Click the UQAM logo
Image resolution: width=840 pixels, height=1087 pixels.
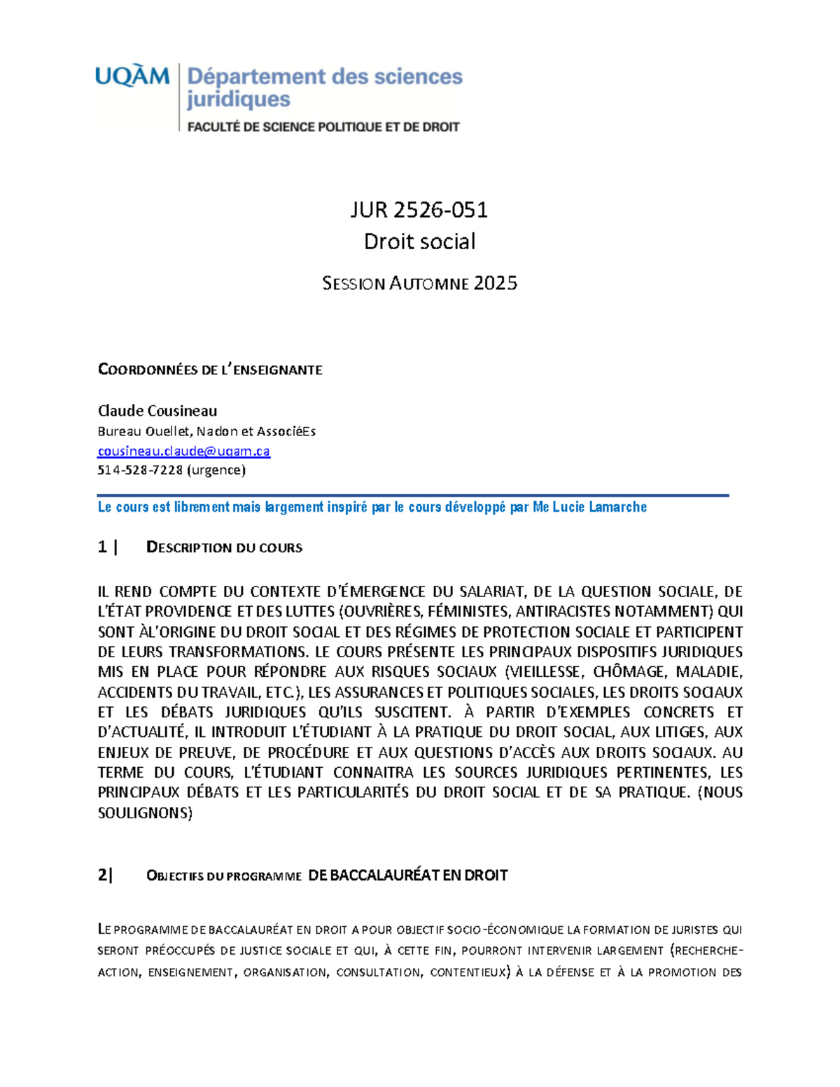point(132,76)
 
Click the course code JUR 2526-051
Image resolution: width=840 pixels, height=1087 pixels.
point(419,209)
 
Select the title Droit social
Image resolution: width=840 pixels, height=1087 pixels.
point(419,241)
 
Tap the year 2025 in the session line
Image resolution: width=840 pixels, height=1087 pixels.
point(495,283)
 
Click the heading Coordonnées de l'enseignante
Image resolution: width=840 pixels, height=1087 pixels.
point(210,370)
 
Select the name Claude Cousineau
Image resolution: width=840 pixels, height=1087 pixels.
point(157,410)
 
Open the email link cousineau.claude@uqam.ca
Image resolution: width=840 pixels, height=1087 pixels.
point(183,451)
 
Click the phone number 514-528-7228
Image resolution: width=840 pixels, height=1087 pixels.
point(139,470)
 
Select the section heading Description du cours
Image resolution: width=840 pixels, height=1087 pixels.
point(224,547)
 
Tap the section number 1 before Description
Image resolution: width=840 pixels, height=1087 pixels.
point(103,547)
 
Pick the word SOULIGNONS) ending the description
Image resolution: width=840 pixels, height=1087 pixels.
point(145,813)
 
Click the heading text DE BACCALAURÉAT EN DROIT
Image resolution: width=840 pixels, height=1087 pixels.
point(407,875)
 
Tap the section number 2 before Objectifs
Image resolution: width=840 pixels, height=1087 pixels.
point(103,875)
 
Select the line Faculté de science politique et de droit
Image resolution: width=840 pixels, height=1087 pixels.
point(323,127)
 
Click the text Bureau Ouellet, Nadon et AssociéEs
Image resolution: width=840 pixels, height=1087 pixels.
point(206,431)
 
